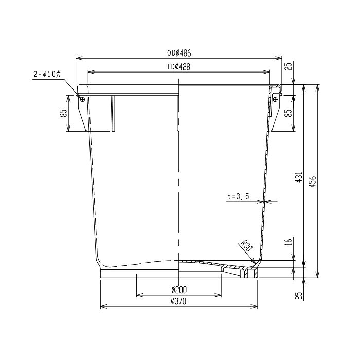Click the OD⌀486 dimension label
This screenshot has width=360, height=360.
[179, 53]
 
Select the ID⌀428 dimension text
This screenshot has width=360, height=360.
[178, 67]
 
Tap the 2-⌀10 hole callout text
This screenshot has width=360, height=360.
[47, 75]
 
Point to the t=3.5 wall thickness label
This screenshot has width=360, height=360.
[239, 196]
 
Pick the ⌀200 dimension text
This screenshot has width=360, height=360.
[179, 290]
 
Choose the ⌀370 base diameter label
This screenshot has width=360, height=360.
[178, 301]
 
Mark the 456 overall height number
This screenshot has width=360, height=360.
[313, 182]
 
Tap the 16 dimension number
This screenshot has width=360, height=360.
[289, 242]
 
